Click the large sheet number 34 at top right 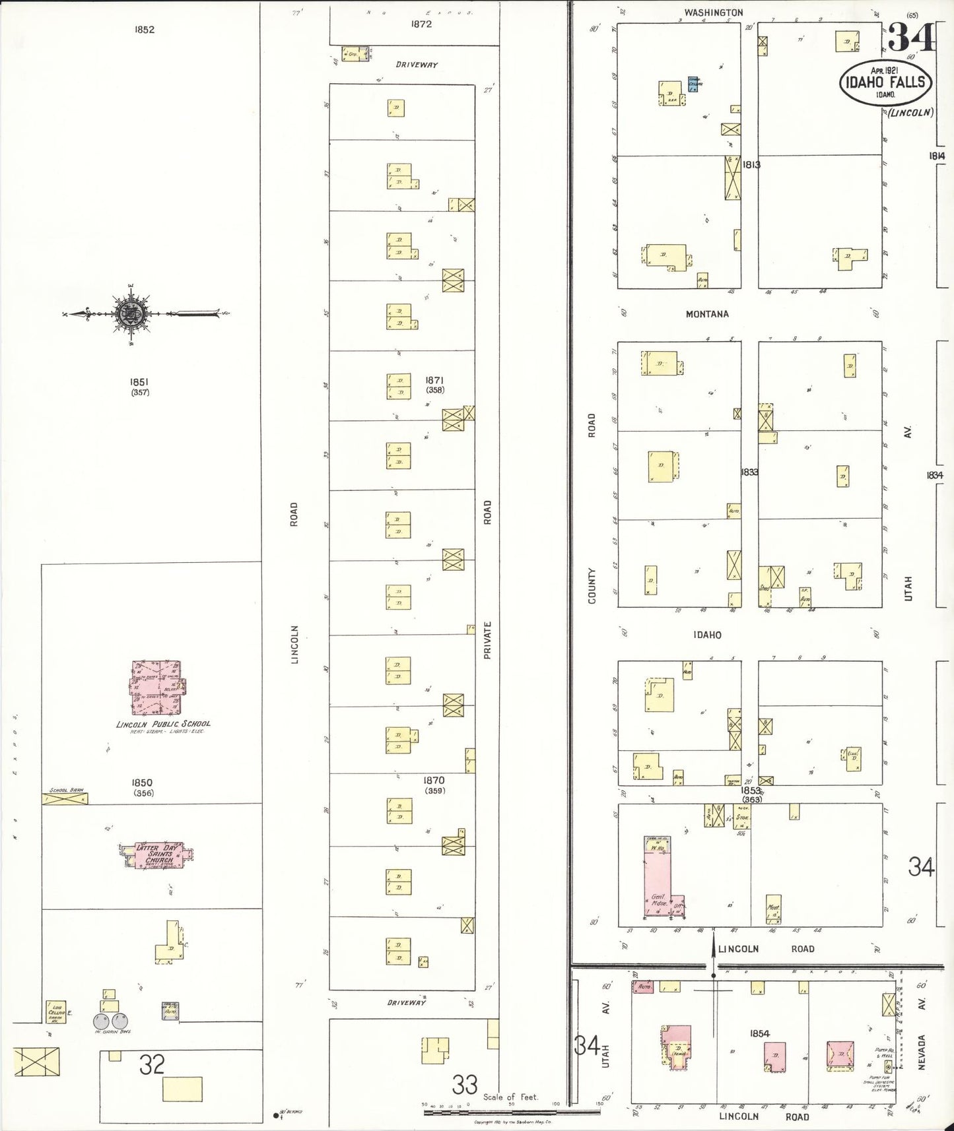[911, 38]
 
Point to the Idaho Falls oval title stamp [885, 83]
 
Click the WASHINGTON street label [713, 13]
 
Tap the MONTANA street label [706, 314]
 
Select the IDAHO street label [707, 635]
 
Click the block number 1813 [751, 164]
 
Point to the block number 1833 [749, 472]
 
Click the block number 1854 [760, 1033]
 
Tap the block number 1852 [144, 30]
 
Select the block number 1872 [421, 24]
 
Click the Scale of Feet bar [512, 1112]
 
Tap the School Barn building [65, 798]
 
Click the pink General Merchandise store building [659, 881]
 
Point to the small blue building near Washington [693, 83]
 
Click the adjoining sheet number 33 [465, 1084]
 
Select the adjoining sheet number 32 [151, 1064]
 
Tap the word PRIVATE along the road [487, 640]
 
